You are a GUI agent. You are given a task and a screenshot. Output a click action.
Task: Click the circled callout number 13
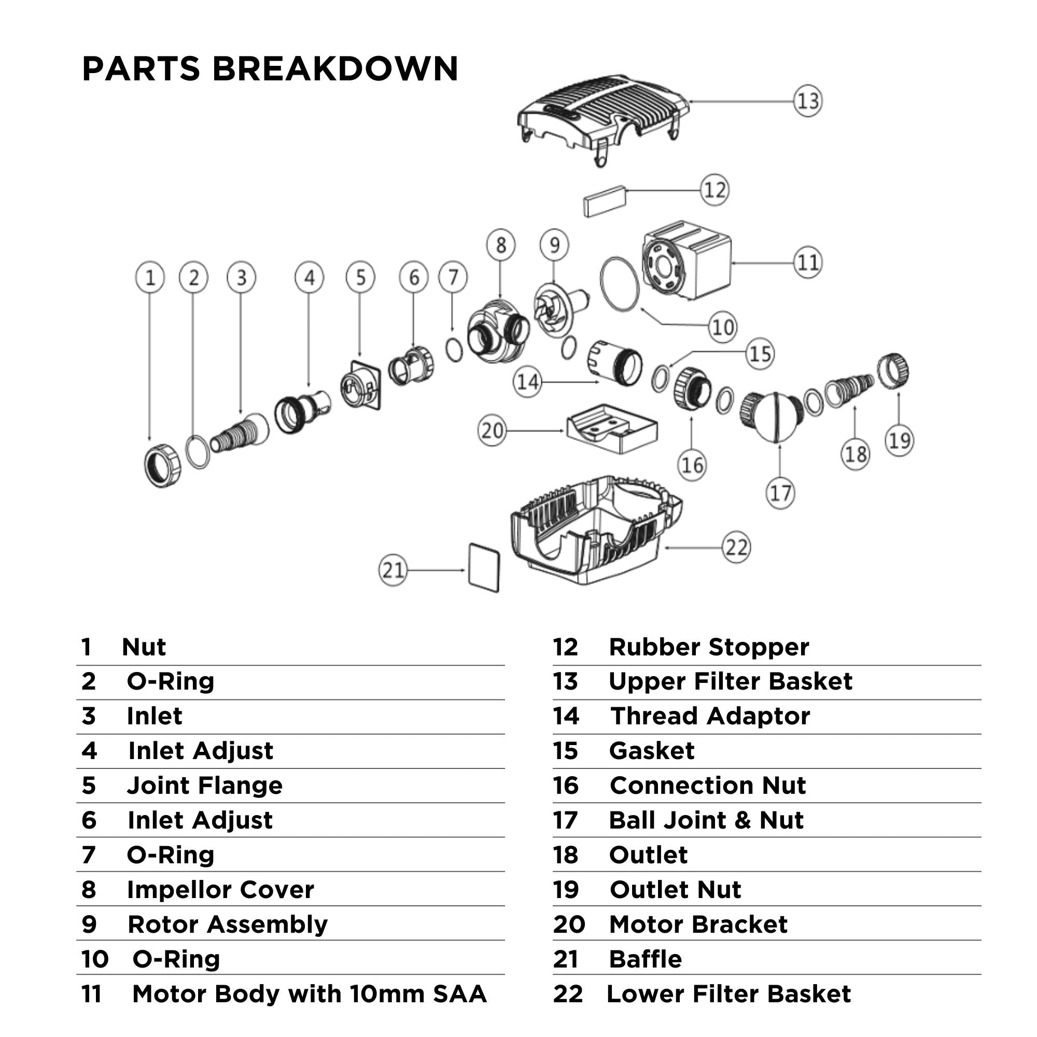(x=807, y=101)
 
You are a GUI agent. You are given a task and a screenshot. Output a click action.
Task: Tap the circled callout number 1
(x=150, y=277)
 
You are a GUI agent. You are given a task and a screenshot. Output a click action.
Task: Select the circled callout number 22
(x=736, y=548)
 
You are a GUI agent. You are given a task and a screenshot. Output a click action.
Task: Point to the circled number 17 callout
(x=779, y=493)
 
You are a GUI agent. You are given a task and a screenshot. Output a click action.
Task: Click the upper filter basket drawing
(x=601, y=116)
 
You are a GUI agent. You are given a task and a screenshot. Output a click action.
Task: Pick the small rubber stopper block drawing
(x=605, y=201)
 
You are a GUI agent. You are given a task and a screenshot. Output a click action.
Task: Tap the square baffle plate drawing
(x=484, y=568)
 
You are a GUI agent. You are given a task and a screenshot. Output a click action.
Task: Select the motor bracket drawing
(x=612, y=429)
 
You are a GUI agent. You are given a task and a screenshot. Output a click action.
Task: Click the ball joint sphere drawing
(x=773, y=416)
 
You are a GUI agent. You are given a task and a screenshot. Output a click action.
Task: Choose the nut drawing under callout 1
(x=163, y=466)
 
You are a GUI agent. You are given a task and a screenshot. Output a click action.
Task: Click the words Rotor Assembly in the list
(x=227, y=924)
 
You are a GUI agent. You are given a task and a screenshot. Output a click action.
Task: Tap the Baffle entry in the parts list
(x=645, y=959)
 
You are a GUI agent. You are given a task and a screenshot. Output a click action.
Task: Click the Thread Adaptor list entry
(x=710, y=716)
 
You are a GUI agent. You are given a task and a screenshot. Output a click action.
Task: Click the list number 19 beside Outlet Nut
(x=566, y=890)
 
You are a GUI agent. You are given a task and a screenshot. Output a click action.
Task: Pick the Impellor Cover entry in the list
(x=220, y=890)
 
